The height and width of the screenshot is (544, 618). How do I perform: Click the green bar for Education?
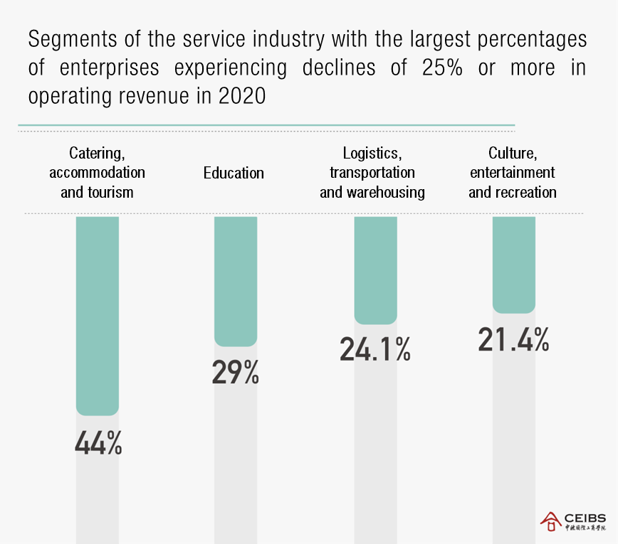236,281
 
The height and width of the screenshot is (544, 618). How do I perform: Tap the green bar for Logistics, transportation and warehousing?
375,270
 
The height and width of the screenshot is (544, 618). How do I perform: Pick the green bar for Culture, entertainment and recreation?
514,265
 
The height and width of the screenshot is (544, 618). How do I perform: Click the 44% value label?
98,442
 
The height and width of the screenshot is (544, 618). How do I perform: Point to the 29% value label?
236,373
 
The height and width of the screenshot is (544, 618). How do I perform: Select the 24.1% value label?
375,349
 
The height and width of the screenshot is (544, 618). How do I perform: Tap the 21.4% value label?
514,339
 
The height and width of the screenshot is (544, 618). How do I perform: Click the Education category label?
234,173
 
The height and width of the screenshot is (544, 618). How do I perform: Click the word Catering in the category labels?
95,153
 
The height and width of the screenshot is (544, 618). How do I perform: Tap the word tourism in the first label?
110,193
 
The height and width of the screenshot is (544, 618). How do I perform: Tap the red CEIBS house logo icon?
551,522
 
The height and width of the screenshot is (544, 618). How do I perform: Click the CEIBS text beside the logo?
584,518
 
